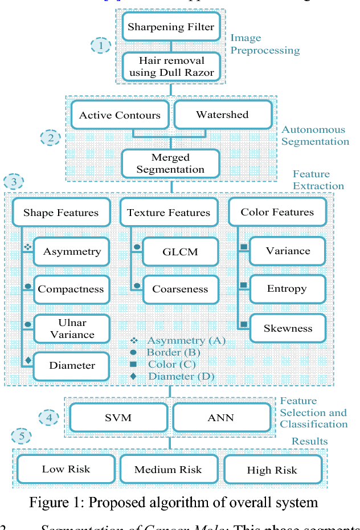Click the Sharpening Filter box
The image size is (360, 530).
coord(171,27)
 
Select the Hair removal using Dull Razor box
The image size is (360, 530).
coord(171,67)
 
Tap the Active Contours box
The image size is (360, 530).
coord(120,115)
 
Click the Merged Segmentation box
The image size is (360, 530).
coord(170,164)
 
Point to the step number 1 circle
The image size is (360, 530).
coord(101,46)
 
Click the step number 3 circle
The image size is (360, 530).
coord(14,182)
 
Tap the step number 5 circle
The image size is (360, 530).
coord(22,437)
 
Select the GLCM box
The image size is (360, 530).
coord(180,252)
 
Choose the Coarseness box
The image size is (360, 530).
coord(180,289)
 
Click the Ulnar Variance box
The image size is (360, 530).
coord(72,329)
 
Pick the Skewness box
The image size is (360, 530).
coord(288,328)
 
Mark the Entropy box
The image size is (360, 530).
coord(287,288)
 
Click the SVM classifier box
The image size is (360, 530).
coord(118,418)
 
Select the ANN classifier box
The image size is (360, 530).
coord(220,418)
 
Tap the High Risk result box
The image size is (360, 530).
coord(272,470)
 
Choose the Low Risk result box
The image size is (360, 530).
coord(66,470)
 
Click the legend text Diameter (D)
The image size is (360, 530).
coord(181,376)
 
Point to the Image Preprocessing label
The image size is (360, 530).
coord(265,44)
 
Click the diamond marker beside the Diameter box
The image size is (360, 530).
coord(27,360)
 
